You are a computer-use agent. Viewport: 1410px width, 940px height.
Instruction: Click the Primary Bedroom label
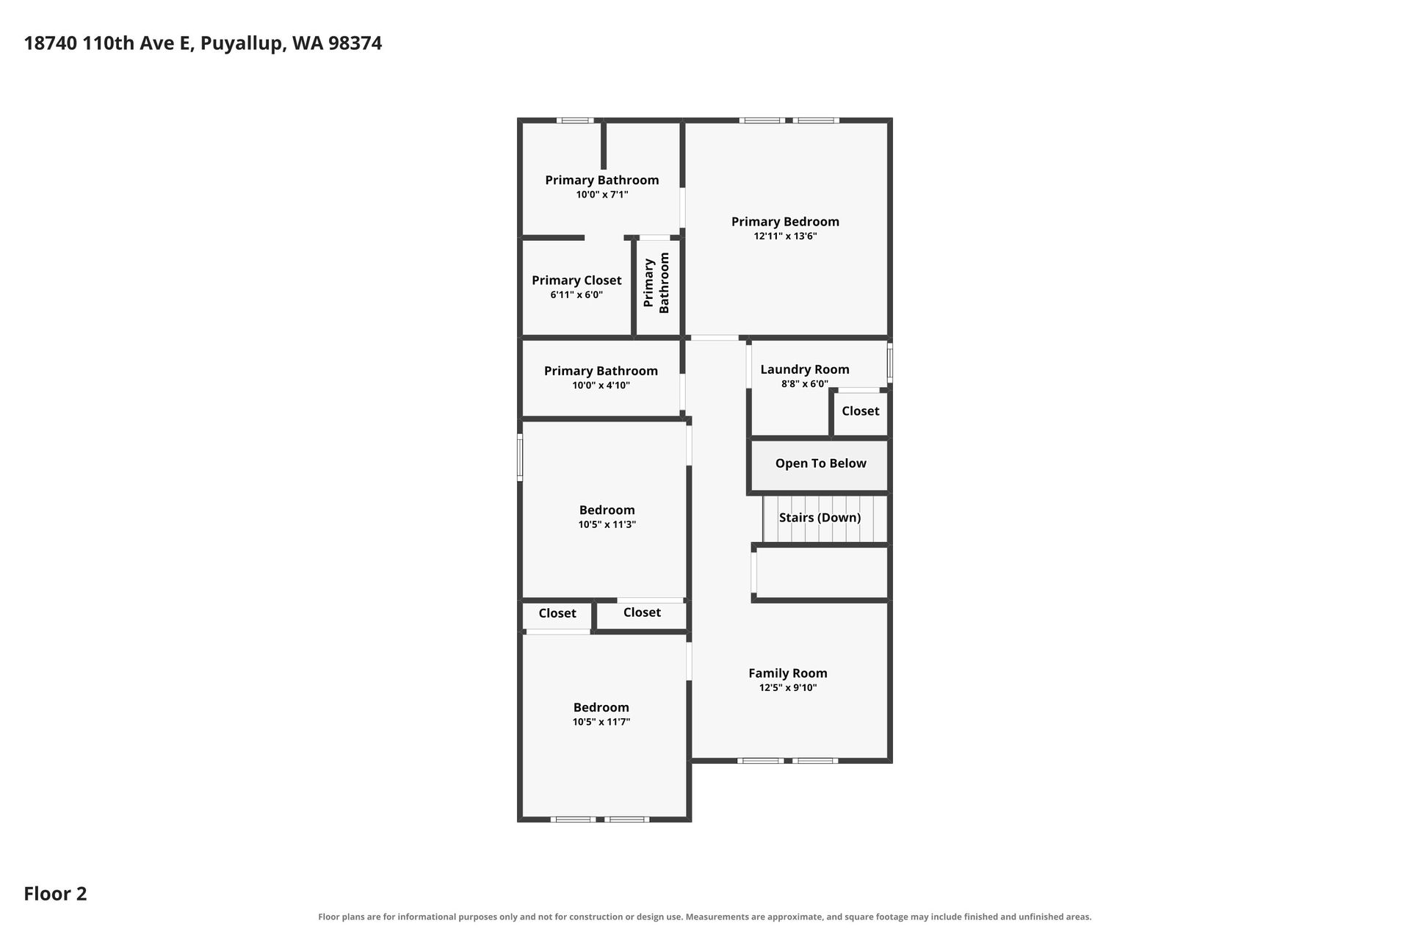click(785, 222)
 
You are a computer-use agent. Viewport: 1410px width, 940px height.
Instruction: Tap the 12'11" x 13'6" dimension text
click(785, 236)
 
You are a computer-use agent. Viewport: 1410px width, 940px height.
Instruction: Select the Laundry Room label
click(805, 369)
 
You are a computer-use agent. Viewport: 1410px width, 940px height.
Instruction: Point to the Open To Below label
click(821, 463)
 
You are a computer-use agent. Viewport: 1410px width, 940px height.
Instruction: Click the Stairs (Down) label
click(820, 518)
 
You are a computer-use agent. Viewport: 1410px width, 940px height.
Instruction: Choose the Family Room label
click(788, 673)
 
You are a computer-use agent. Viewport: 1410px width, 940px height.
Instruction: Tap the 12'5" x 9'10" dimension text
click(788, 688)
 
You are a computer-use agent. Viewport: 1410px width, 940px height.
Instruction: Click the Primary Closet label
click(576, 281)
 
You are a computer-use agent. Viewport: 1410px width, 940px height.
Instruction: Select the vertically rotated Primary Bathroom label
click(657, 283)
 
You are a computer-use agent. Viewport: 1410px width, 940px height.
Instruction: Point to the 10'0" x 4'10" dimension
click(601, 386)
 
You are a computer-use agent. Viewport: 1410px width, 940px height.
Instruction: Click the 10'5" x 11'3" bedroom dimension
click(607, 525)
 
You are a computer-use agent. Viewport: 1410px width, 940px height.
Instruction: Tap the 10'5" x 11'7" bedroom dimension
click(601, 723)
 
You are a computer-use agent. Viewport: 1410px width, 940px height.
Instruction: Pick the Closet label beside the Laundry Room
click(861, 411)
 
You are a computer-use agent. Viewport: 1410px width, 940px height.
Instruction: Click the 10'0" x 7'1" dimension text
click(602, 195)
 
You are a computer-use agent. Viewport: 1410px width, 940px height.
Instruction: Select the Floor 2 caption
click(55, 894)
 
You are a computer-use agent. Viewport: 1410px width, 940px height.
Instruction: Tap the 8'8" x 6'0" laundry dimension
click(805, 384)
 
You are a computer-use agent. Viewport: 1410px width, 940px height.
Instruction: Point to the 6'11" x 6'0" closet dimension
click(576, 295)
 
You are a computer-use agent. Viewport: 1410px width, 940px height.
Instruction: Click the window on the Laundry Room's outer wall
click(890, 364)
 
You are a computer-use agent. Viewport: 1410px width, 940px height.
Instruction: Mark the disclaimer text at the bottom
click(705, 916)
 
